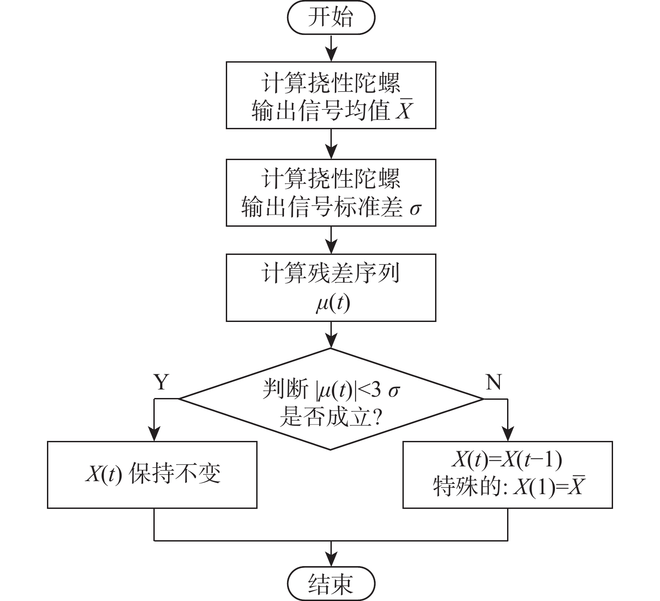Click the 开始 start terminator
coord(330,18)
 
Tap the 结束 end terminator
coord(330,583)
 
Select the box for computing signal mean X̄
coord(330,95)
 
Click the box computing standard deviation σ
coord(330,193)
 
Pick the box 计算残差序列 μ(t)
coord(330,288)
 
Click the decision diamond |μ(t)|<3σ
coord(330,399)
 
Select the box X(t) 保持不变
coord(152,474)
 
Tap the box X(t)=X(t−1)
coord(508,474)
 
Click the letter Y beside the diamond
coord(161,382)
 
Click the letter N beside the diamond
coord(493,382)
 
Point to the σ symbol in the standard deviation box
coord(415,208)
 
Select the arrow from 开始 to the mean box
coord(331,48)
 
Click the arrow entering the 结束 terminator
coord(331,554)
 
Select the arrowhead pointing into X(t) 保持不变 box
coord(154,434)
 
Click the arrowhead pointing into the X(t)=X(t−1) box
coord(508,434)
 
